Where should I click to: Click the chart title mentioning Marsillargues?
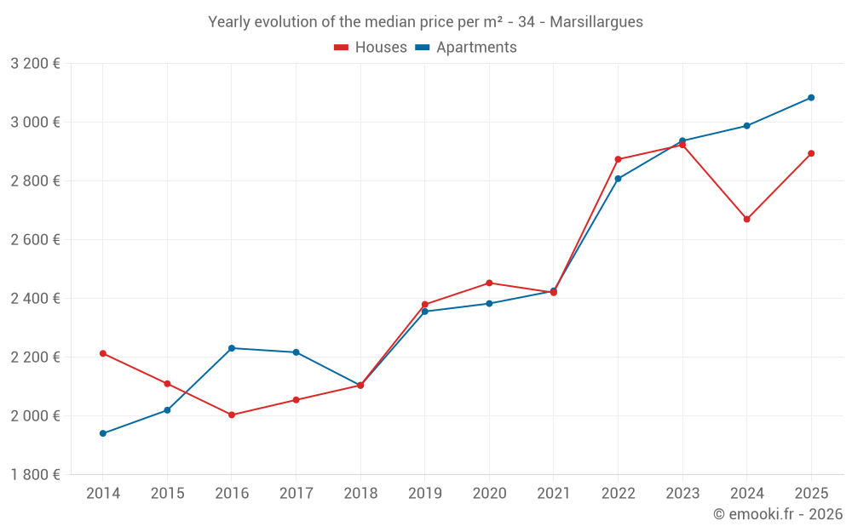pyautogui.click(x=425, y=21)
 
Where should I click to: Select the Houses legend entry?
pyautogui.click(x=371, y=48)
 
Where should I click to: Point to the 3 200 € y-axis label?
pyautogui.click(x=35, y=64)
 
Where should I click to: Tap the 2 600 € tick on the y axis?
pyautogui.click(x=35, y=240)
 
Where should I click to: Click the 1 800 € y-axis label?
pyautogui.click(x=35, y=475)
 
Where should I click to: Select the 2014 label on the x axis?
pyautogui.click(x=103, y=494)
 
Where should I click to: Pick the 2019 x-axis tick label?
pyautogui.click(x=424, y=494)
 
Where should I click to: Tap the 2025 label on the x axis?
pyautogui.click(x=811, y=494)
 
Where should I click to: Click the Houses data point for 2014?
pyautogui.click(x=103, y=353)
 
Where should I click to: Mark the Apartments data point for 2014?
pyautogui.click(x=103, y=433)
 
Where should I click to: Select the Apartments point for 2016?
pyautogui.click(x=232, y=348)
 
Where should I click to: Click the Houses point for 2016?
pyautogui.click(x=232, y=415)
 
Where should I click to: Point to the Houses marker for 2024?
pyautogui.click(x=746, y=219)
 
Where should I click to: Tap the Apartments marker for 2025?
pyautogui.click(x=811, y=98)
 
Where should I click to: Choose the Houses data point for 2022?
pyautogui.click(x=618, y=159)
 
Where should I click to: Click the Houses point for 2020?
pyautogui.click(x=489, y=283)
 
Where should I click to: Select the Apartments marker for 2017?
pyautogui.click(x=296, y=352)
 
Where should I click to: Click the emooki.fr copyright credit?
pyautogui.click(x=777, y=514)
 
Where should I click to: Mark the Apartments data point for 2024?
pyautogui.click(x=746, y=126)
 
